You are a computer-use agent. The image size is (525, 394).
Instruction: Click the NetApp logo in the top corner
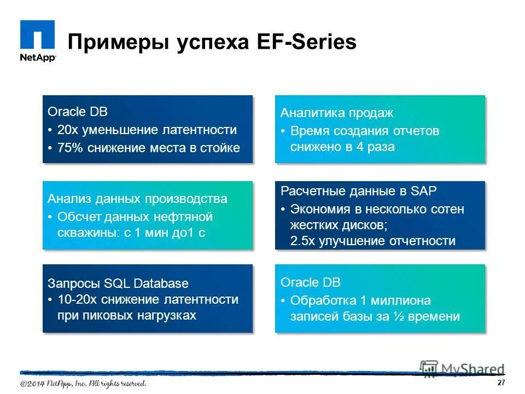pos(38,41)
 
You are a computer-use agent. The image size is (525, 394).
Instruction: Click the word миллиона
pos(404,300)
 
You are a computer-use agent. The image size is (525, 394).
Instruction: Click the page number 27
pos(501,383)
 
